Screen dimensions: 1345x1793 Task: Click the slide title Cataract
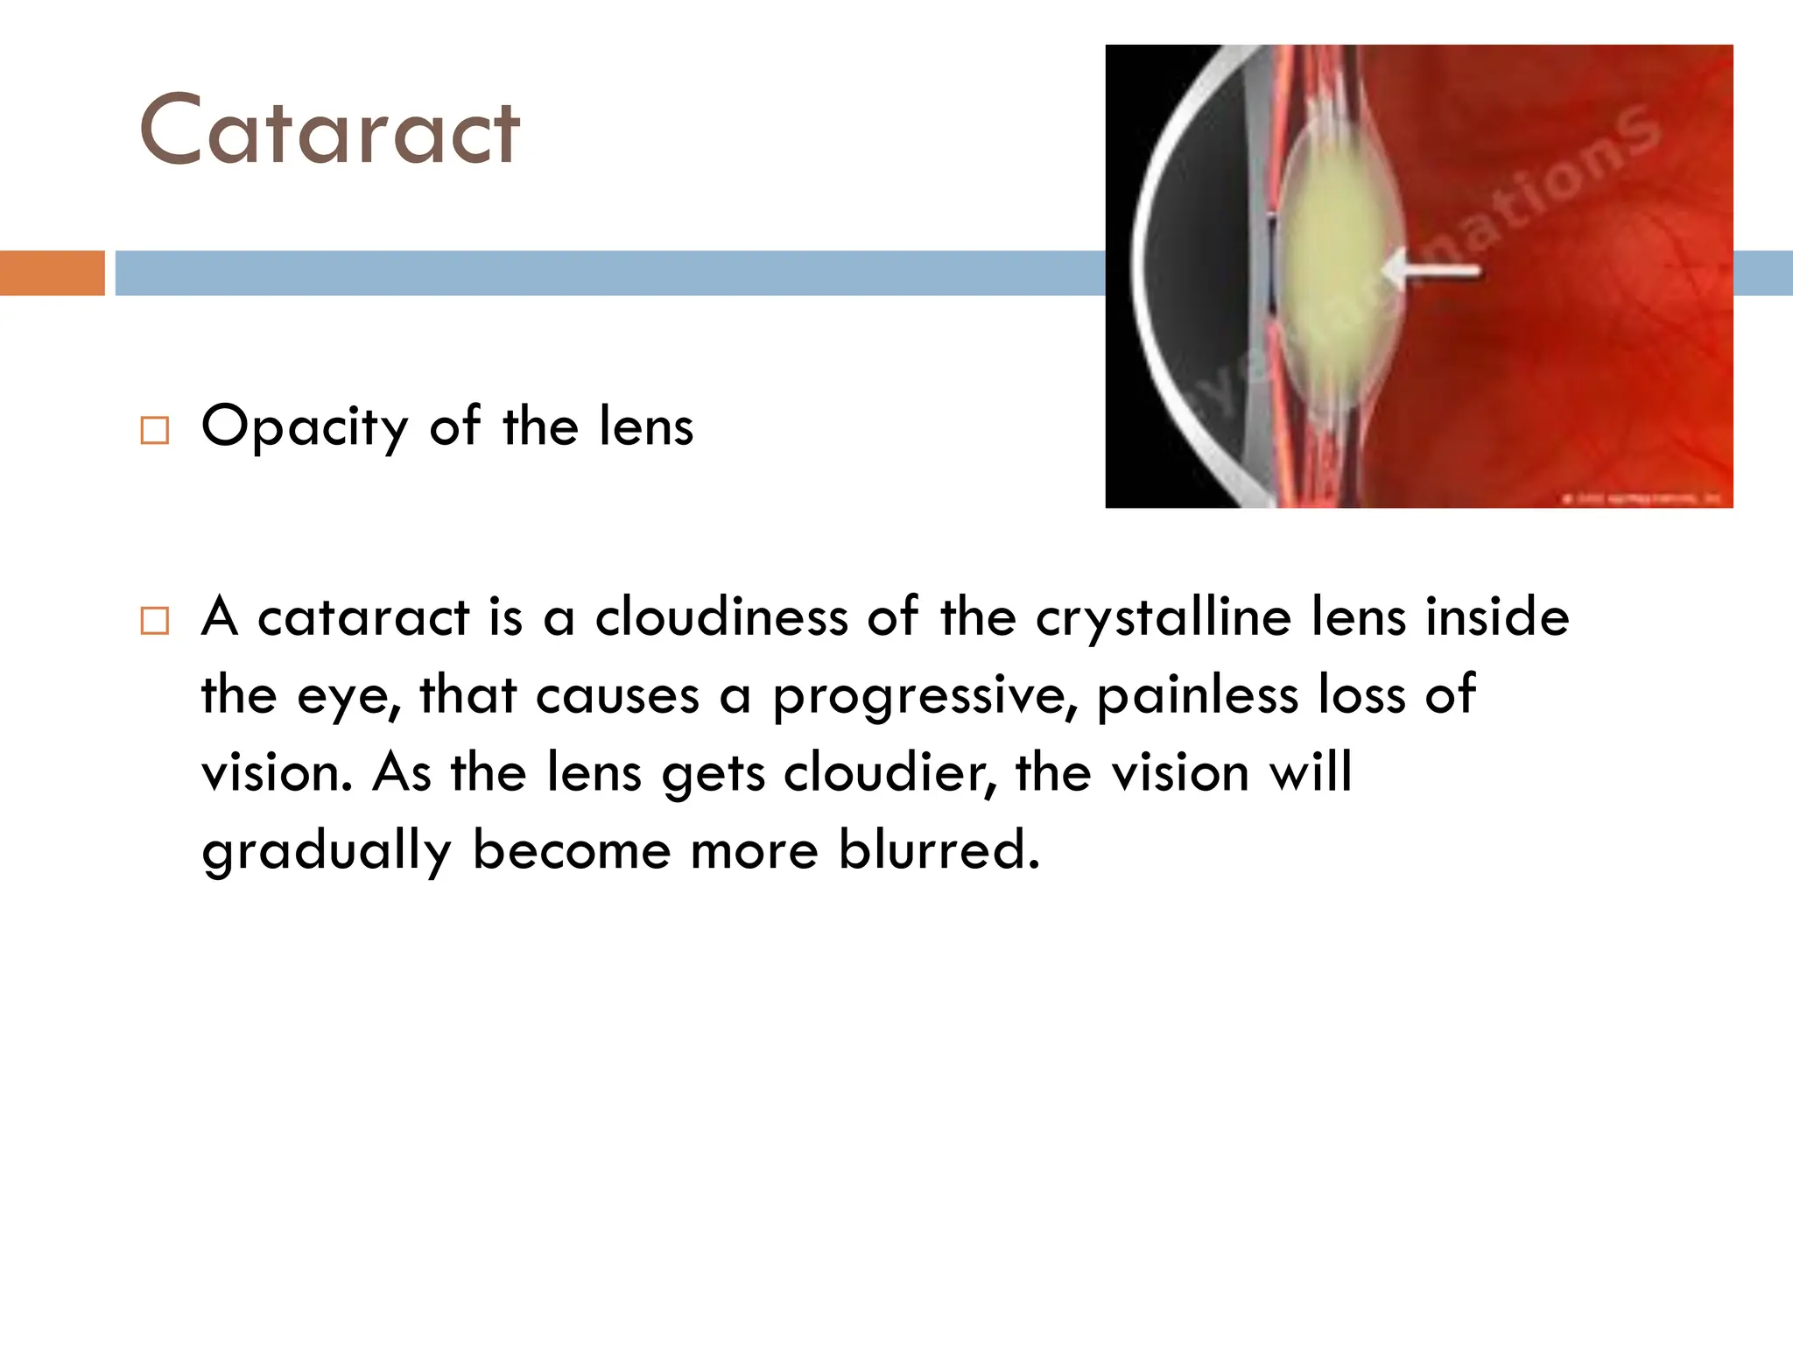point(329,131)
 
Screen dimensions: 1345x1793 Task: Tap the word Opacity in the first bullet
point(305,427)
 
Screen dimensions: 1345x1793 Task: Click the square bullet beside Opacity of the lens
point(154,431)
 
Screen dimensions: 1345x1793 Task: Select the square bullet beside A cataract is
point(154,621)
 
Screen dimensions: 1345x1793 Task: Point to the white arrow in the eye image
point(1436,269)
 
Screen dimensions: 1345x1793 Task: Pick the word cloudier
point(889,772)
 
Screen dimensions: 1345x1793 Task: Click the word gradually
point(326,851)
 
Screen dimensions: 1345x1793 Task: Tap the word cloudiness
point(721,616)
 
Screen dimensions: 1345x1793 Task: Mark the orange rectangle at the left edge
point(52,272)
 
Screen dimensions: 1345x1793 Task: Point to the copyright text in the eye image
point(1641,498)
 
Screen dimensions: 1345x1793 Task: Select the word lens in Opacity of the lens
point(646,427)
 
